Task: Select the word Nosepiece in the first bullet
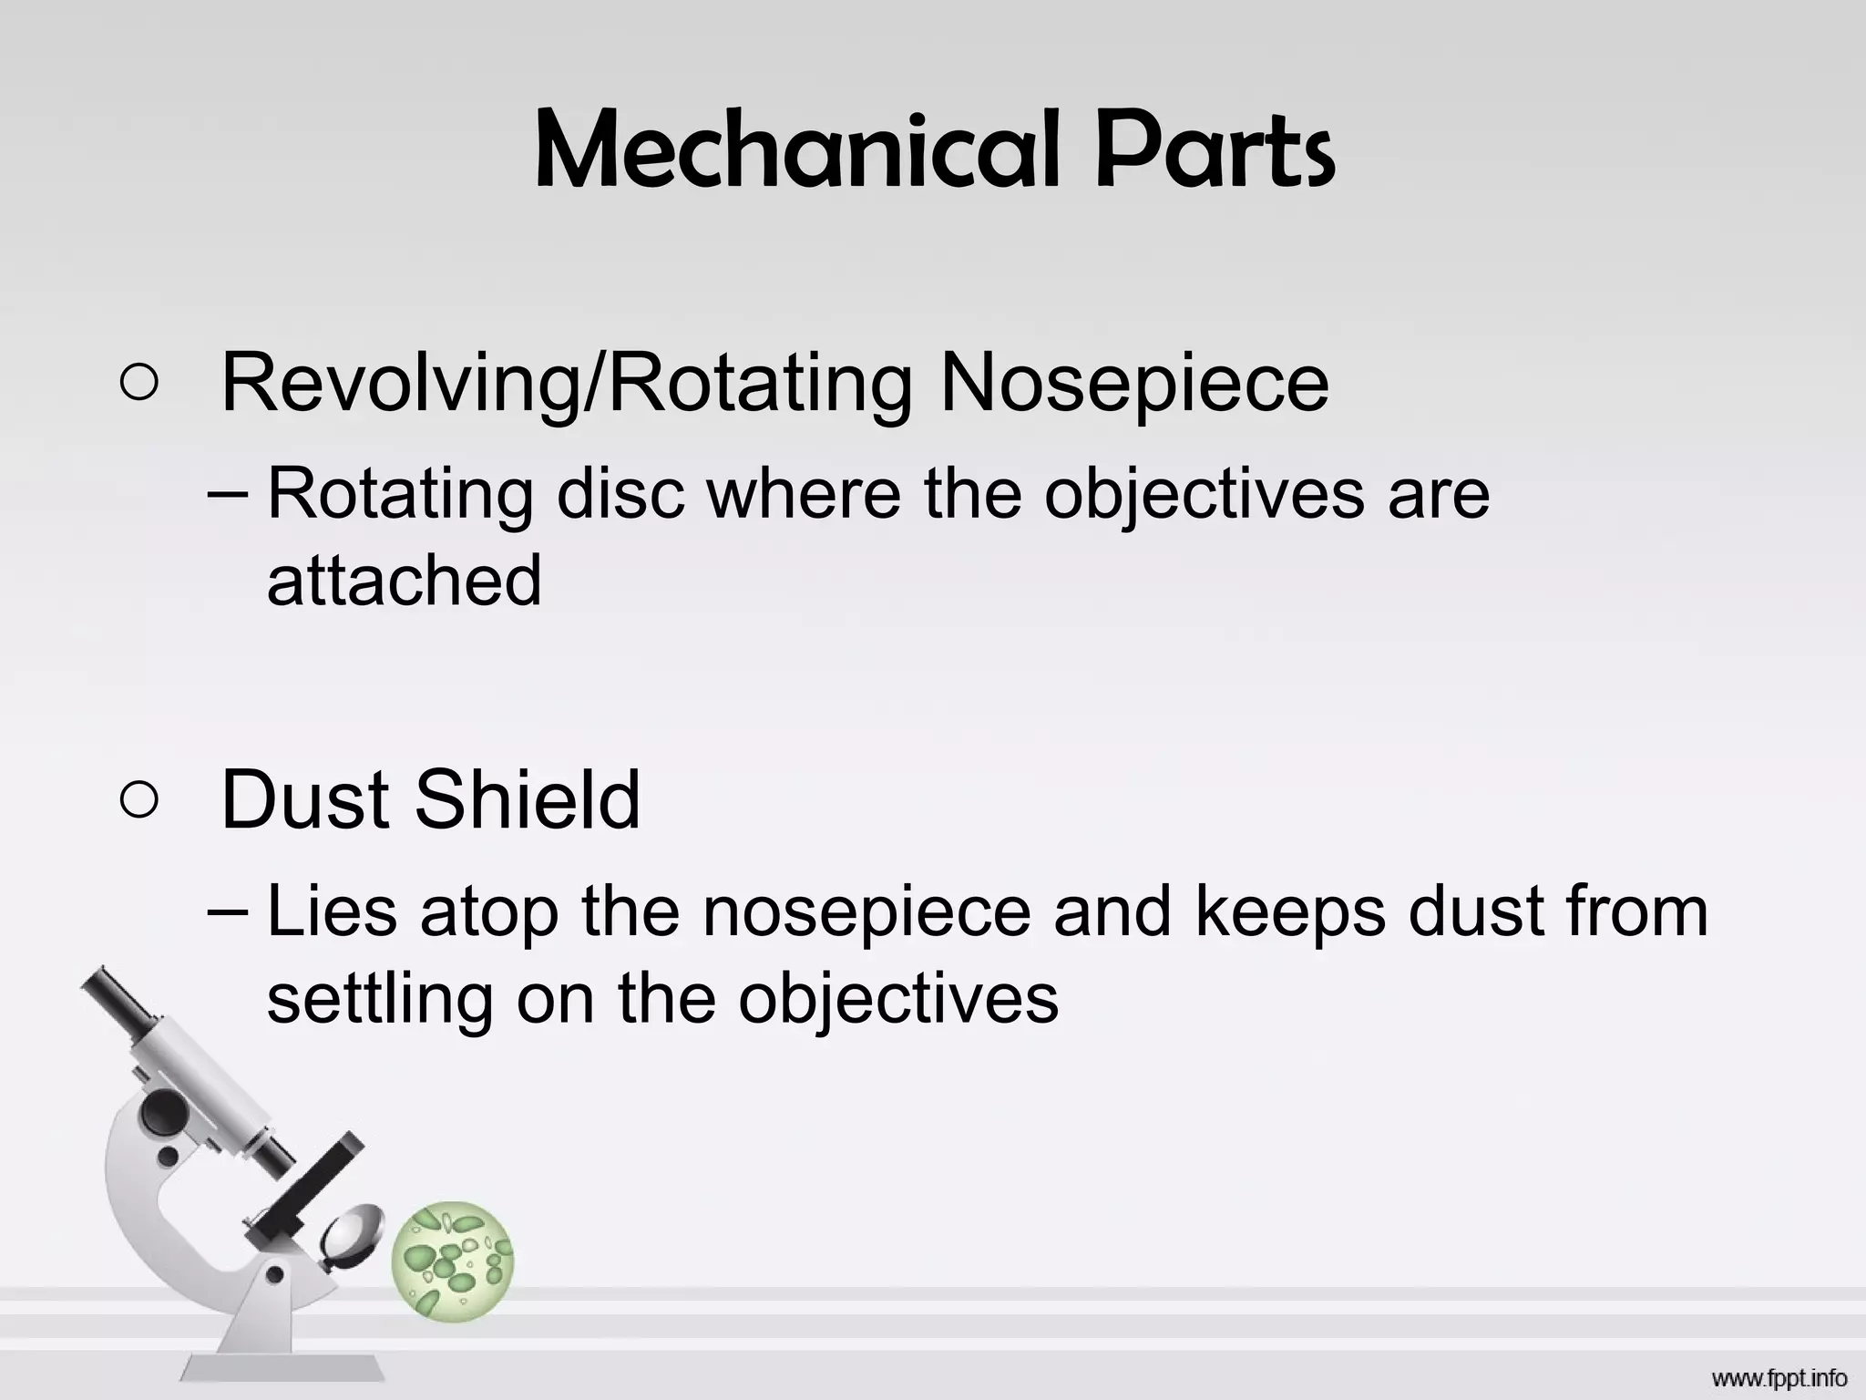point(1133,383)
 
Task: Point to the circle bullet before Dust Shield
point(138,800)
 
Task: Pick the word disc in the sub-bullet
point(620,494)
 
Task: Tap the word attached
point(404,580)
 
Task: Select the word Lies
point(332,911)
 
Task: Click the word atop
point(488,913)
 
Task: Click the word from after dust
point(1636,911)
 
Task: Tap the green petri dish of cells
point(452,1261)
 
